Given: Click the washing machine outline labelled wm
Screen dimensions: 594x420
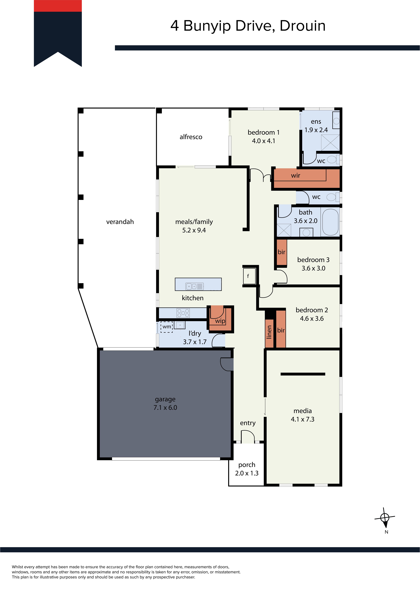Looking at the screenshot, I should click(167, 327).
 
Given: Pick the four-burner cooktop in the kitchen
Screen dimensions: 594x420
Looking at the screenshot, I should click(183, 313).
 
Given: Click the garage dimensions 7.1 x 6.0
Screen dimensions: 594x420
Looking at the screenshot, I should click(165, 408).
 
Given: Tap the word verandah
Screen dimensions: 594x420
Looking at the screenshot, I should click(120, 222).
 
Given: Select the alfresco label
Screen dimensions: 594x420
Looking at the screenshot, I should click(191, 137).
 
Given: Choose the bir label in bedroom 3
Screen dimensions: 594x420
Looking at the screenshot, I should click(281, 252).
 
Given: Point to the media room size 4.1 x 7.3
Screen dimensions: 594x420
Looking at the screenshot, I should click(303, 419).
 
